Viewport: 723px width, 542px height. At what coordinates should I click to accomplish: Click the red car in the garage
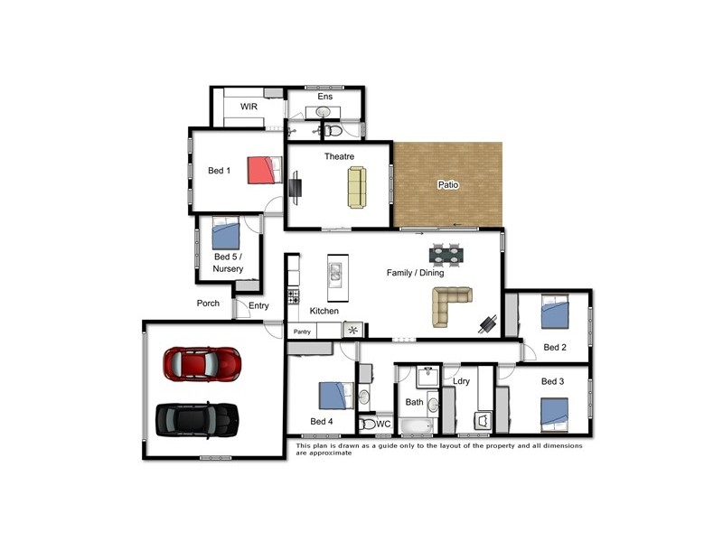click(x=202, y=363)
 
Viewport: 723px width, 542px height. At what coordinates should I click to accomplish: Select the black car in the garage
click(x=197, y=418)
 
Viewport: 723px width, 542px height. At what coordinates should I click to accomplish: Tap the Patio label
click(x=448, y=184)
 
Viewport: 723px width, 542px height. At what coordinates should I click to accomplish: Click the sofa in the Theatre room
click(x=357, y=187)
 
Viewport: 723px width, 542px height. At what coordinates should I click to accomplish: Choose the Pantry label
click(x=302, y=332)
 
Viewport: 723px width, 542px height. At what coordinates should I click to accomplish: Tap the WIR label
click(x=249, y=107)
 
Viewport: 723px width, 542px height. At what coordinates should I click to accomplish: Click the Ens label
click(x=324, y=97)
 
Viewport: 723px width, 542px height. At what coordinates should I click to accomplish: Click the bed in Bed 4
click(x=333, y=396)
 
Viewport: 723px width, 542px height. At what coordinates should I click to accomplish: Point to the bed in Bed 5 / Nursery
click(x=225, y=236)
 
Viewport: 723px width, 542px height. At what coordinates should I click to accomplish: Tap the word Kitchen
click(x=324, y=311)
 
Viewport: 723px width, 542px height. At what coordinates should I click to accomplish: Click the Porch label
click(x=209, y=304)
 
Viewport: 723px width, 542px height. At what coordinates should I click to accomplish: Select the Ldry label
click(x=462, y=381)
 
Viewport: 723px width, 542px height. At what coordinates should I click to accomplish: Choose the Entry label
click(x=259, y=306)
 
